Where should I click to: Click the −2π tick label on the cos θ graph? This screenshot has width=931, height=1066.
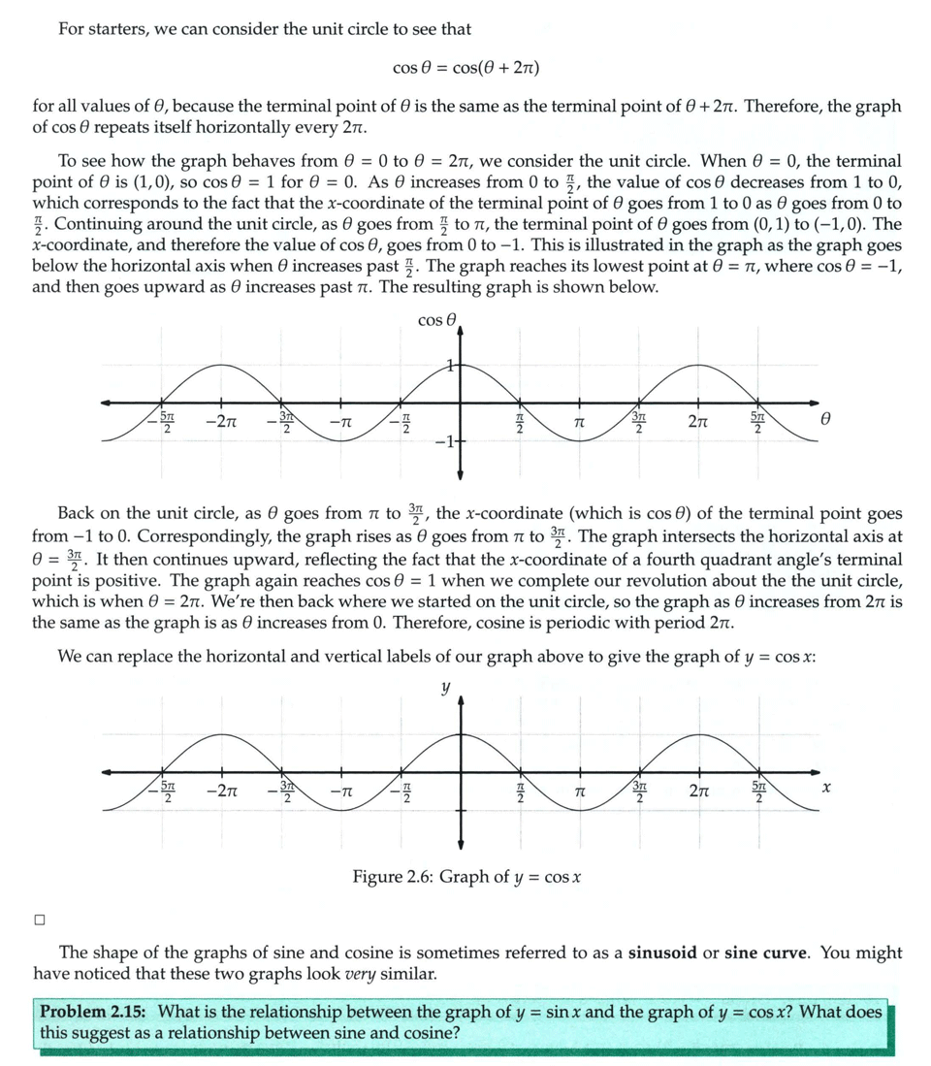[x=222, y=423]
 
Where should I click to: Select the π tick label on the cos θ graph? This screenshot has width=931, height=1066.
[x=578, y=424]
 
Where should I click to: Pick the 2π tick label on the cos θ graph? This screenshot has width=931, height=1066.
[x=697, y=423]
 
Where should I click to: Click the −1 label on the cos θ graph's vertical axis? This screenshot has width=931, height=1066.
[x=443, y=444]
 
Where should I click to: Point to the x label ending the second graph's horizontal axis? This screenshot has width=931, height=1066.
[x=825, y=791]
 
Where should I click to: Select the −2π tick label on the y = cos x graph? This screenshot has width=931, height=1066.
[x=222, y=791]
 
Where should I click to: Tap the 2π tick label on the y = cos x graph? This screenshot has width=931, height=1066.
[x=697, y=791]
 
